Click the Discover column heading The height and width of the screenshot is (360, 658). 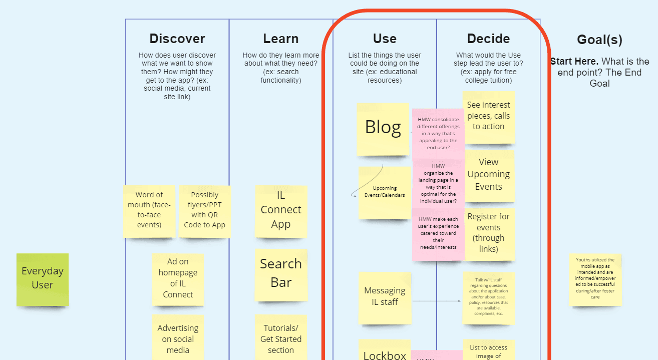(x=177, y=39)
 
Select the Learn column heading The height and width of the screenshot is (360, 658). (x=280, y=39)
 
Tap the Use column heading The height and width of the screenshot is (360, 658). (x=385, y=39)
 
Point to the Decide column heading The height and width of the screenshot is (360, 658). (x=488, y=39)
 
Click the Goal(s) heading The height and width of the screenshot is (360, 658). (x=599, y=40)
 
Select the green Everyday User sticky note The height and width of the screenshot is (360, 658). (x=43, y=279)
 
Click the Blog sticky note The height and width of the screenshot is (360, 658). (x=383, y=129)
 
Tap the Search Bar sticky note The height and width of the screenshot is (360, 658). (x=281, y=274)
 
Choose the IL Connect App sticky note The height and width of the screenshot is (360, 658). (x=281, y=210)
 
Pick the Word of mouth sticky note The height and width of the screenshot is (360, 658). (x=149, y=210)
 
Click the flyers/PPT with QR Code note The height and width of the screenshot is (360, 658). (x=204, y=210)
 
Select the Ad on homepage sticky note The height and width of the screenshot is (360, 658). (x=178, y=278)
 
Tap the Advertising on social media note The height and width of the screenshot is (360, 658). (x=178, y=338)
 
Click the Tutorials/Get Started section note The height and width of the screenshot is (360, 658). (x=281, y=338)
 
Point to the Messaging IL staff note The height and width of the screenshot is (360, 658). (x=385, y=297)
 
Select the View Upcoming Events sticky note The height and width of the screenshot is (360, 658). (x=488, y=175)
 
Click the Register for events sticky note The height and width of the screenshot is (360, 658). (x=488, y=233)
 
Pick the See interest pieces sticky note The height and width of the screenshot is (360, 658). (x=488, y=116)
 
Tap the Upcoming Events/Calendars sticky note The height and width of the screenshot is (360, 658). (x=385, y=192)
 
